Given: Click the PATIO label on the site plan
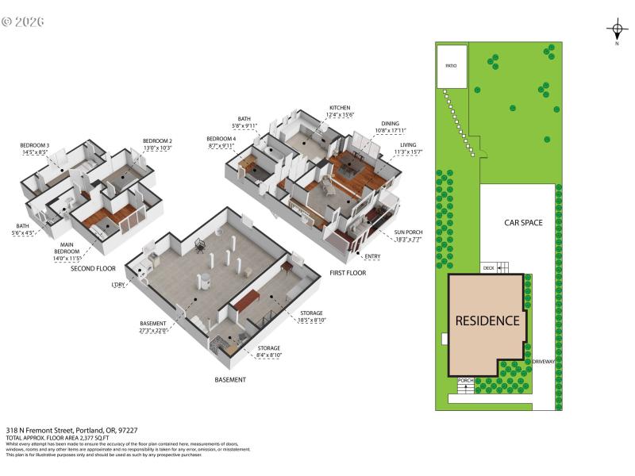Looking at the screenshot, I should click(450, 66).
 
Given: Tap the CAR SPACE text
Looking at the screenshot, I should click(523, 223).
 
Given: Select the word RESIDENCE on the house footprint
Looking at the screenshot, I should click(487, 321).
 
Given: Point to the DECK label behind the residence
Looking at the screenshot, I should click(489, 268).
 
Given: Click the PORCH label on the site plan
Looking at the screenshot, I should click(466, 381).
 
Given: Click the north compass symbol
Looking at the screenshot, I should click(617, 31).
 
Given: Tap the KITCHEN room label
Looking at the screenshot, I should click(340, 108).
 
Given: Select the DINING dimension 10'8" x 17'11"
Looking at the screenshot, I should click(390, 131).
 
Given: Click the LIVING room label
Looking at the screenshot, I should click(408, 144).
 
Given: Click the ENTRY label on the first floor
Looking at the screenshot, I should click(372, 256).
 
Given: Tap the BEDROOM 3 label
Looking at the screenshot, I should click(35, 145).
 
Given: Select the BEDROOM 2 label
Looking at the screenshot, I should click(157, 140).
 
